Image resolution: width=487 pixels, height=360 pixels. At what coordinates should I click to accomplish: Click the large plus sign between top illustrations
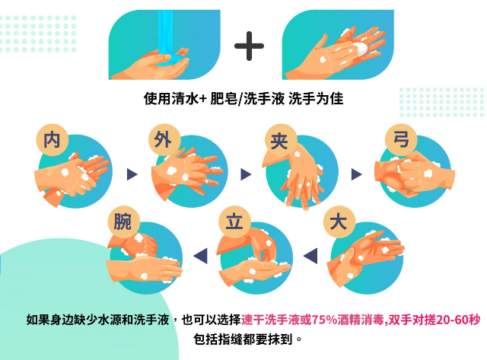tap(249, 46)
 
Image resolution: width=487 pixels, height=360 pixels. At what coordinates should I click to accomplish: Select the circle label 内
tap(52, 140)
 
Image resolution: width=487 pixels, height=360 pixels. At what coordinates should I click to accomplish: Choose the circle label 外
tap(162, 140)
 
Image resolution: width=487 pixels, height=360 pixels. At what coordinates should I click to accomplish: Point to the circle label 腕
tap(123, 223)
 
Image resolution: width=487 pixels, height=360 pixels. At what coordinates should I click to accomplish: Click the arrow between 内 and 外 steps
tap(132, 174)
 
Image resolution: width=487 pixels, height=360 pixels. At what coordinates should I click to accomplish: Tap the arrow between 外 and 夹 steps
tap(245, 174)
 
